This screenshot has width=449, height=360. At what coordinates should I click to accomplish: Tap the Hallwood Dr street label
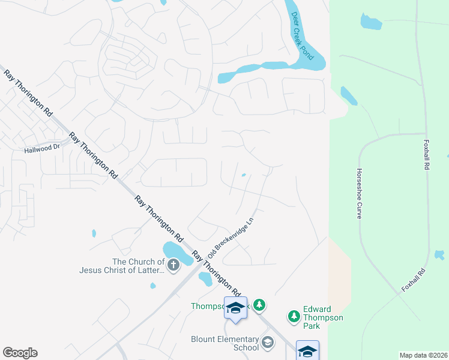(42, 149)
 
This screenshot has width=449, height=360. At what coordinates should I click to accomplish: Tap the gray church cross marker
(173, 265)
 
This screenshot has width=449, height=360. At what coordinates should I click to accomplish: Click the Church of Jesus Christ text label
(121, 266)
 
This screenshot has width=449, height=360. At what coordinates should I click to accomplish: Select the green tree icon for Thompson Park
(259, 305)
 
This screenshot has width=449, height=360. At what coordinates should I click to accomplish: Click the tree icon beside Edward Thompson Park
(294, 316)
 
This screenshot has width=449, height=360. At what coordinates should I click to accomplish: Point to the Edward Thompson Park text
(323, 317)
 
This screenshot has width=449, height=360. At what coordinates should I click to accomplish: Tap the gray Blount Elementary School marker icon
(267, 343)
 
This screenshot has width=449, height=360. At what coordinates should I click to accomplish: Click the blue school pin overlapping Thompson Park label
(235, 308)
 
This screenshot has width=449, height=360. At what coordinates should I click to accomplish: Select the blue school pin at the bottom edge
(307, 351)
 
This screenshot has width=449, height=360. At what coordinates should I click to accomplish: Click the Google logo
(20, 353)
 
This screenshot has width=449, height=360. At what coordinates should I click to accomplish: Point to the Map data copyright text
(423, 355)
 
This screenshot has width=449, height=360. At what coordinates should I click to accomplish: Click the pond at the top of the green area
(371, 22)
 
